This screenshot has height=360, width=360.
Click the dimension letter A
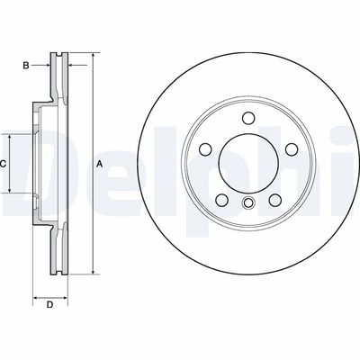pos(100,163)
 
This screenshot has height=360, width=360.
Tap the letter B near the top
pos(27,66)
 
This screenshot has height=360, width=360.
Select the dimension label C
pos(4,163)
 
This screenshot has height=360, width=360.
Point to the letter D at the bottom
pos(50,304)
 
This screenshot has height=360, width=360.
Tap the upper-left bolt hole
pos(206,148)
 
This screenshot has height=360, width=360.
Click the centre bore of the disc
pos(247,163)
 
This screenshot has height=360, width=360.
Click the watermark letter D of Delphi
pos(31,162)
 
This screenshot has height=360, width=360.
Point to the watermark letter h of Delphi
pos(306,162)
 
